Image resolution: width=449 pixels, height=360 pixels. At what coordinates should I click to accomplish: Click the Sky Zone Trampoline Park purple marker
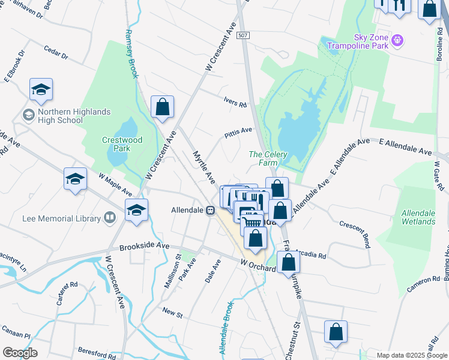[x=397, y=41]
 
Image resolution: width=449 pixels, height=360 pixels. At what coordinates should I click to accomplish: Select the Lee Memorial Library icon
[x=109, y=218]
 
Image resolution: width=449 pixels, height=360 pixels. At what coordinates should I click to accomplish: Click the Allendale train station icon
[x=211, y=211]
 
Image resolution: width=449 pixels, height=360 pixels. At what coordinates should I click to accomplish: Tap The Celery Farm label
[x=268, y=158]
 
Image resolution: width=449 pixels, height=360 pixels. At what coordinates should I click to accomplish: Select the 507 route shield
[x=243, y=36]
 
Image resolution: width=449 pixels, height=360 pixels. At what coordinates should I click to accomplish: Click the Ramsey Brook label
[x=130, y=54]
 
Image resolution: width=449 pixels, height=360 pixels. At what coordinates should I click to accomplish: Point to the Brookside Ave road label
[x=144, y=245]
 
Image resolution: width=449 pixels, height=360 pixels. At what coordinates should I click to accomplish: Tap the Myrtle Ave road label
[x=203, y=167]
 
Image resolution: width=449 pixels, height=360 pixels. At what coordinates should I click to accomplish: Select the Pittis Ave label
[x=238, y=130]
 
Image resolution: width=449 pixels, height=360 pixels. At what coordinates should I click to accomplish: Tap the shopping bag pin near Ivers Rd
[x=162, y=107]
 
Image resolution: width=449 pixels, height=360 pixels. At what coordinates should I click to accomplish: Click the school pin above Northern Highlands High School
[x=41, y=89]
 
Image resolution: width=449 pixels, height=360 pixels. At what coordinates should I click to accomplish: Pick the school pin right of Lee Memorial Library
[x=136, y=211]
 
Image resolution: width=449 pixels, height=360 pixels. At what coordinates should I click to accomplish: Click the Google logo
[x=20, y=353]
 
